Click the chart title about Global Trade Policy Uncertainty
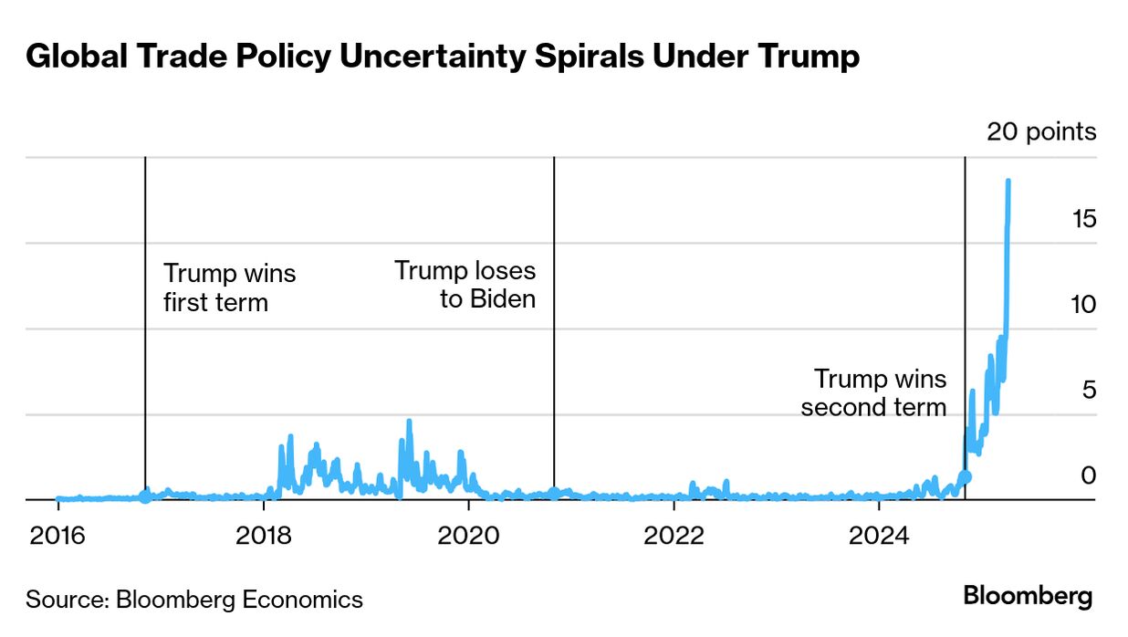pos(442,57)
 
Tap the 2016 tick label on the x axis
pos(58,536)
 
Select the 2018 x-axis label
pos(264,536)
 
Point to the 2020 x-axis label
pos(468,536)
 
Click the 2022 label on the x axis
pos(674,536)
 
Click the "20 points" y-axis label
pos(1041,131)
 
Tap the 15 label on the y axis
pos(1083,219)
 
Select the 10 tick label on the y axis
pos(1083,305)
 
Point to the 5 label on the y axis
pos(1088,391)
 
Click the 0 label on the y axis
pos(1088,475)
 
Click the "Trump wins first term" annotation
pos(229,287)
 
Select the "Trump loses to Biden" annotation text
pos(465,284)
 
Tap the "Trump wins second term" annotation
pos(874,392)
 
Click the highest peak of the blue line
pos(1008,181)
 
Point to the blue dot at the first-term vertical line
pos(145,497)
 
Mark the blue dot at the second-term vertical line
pos(966,476)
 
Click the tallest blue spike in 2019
pos(409,422)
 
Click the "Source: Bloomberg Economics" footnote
pos(194,600)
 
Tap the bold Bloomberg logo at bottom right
pos(1028,597)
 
